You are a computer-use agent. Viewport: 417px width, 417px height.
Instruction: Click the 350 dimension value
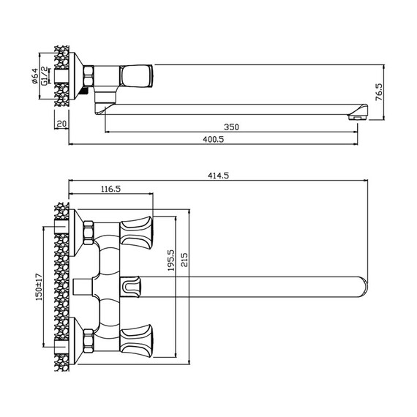coord(231,127)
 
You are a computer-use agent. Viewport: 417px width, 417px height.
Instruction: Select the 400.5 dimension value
coord(214,139)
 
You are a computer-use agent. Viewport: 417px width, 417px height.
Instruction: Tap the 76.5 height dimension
coord(379,92)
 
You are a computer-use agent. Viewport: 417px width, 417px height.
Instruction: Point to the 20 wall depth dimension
coord(61,124)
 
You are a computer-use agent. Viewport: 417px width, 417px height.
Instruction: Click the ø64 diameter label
coord(35,76)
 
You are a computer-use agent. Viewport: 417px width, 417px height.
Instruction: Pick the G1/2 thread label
coord(45,76)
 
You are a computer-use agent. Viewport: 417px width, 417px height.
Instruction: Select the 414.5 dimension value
coord(218,176)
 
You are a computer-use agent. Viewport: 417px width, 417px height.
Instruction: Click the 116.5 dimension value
coord(110,189)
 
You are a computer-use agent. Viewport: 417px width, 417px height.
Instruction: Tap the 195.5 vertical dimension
coord(170,260)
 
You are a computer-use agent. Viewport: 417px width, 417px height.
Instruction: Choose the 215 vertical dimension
coord(184,260)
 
